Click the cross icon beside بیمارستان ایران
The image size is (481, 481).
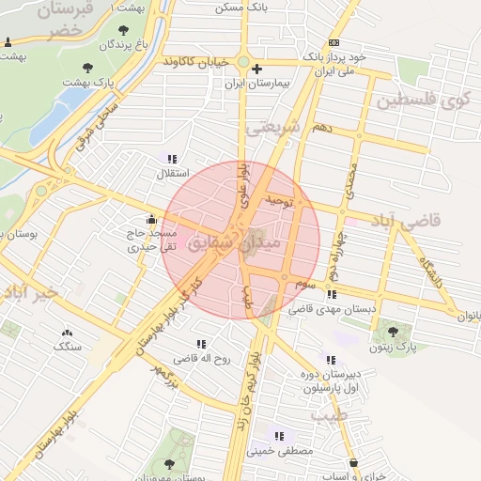[257, 68]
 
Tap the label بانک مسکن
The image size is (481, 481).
[240, 7]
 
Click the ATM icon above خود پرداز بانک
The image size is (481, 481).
[334, 43]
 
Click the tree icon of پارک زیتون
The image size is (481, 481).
[393, 331]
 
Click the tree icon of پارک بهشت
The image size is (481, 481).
[87, 68]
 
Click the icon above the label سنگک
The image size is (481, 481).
[67, 332]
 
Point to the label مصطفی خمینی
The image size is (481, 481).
[278, 450]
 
